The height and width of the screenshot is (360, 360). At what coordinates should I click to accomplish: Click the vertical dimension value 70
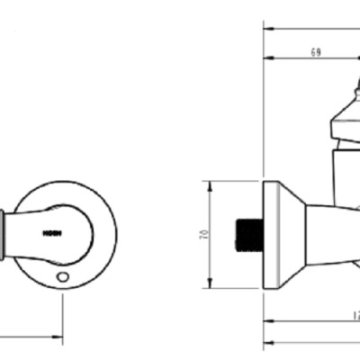pyautogui.click(x=206, y=235)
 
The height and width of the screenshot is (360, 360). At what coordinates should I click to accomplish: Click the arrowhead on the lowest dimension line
pyautogui.click(x=267, y=344)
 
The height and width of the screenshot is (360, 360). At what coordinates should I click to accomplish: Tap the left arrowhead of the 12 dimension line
pyautogui.click(x=267, y=321)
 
